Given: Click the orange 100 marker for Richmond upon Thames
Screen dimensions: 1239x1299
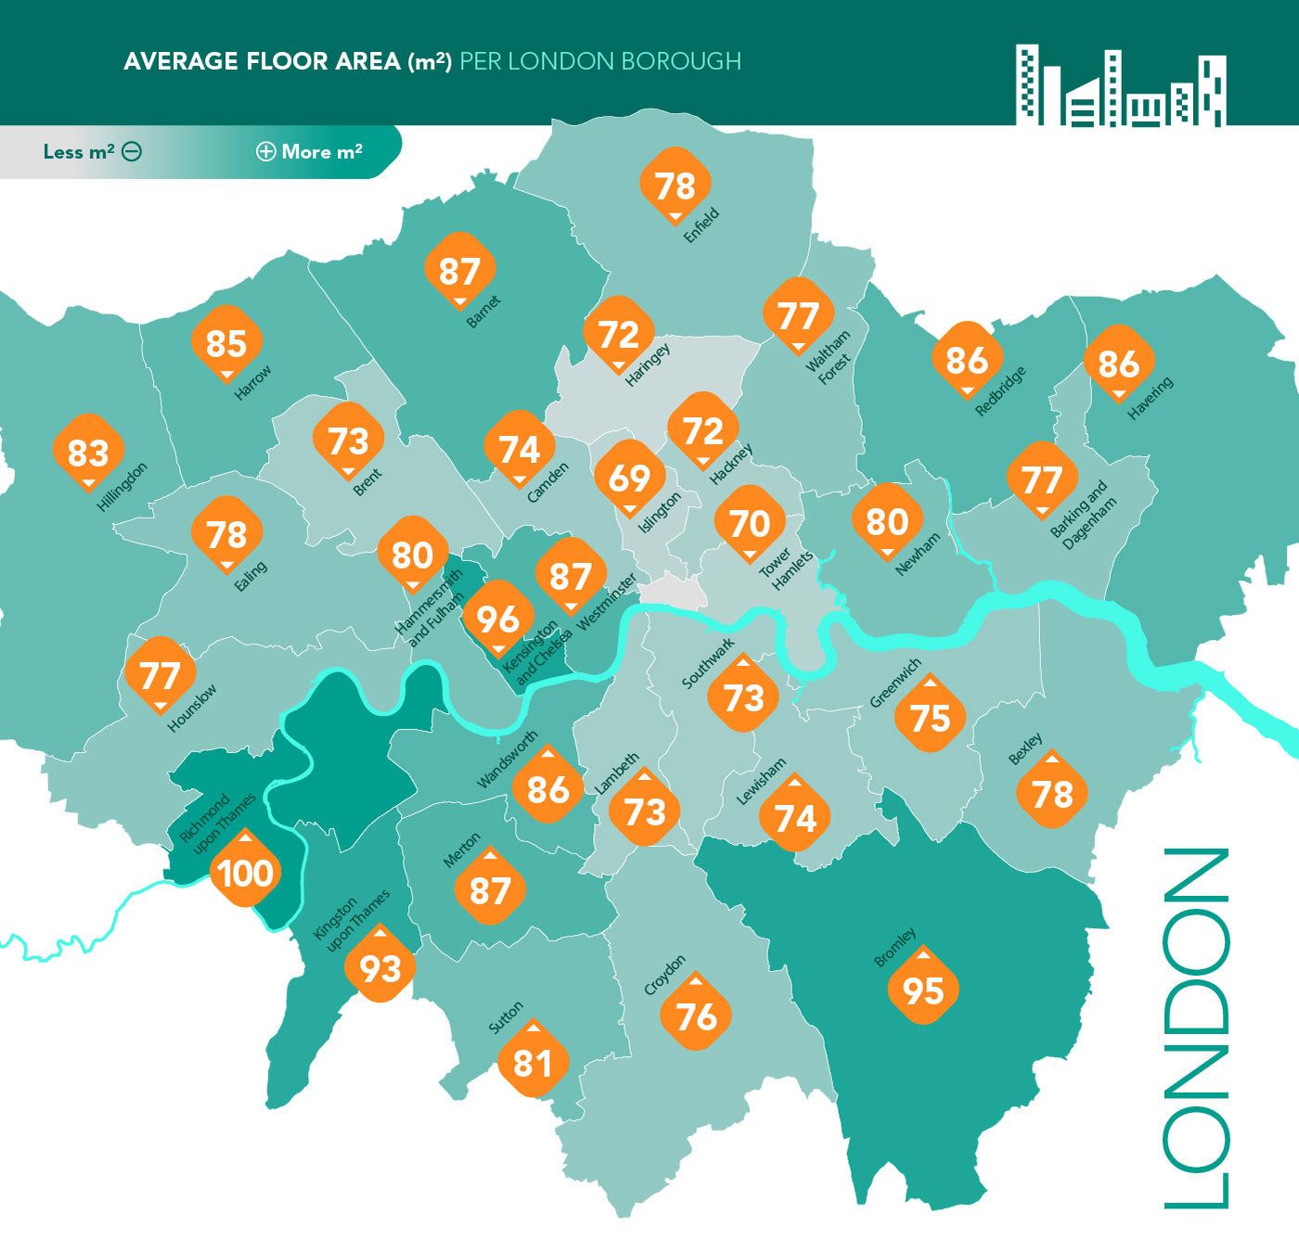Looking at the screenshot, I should click(245, 872).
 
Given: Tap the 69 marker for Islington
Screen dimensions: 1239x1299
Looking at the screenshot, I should click(629, 478).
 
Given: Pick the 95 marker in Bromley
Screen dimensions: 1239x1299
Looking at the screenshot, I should click(923, 990).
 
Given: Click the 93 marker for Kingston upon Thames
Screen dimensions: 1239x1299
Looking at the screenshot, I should click(379, 968).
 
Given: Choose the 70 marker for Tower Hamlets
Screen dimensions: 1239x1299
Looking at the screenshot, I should click(750, 523).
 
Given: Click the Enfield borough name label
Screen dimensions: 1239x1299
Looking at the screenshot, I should click(701, 225).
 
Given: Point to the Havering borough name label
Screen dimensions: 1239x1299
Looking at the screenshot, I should click(1150, 398).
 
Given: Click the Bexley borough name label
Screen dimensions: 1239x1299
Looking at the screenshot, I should click(1025, 749).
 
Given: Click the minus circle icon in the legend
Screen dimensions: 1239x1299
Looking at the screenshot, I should click(132, 152).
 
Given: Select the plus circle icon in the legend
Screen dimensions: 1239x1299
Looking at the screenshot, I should click(265, 152).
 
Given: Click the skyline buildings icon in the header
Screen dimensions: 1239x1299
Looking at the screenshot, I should click(1121, 85).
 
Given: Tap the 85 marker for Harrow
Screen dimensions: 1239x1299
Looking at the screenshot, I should click(225, 343).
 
